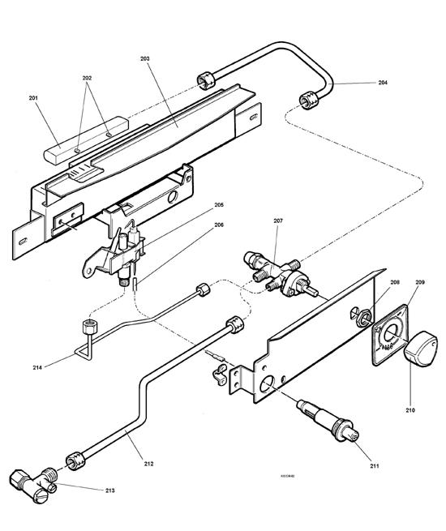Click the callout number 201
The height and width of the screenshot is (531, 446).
[34, 98]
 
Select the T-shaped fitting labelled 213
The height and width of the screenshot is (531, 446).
[34, 484]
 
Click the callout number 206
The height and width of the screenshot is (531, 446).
[219, 225]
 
